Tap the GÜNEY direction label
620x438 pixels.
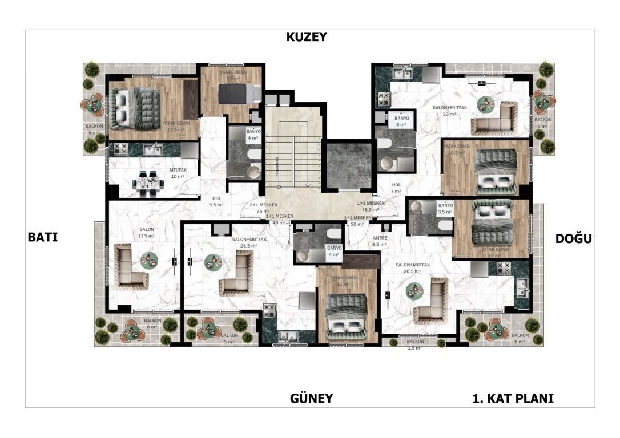click(x=311, y=398)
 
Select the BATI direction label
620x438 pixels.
click(x=43, y=237)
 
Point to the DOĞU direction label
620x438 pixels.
click(x=573, y=239)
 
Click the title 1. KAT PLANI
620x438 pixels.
click(x=513, y=398)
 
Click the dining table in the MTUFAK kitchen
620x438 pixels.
click(x=146, y=183)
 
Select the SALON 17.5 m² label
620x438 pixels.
click(x=147, y=232)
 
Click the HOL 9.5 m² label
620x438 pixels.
click(x=216, y=201)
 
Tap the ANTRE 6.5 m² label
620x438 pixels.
click(x=380, y=240)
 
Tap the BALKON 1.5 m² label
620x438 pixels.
click(x=414, y=344)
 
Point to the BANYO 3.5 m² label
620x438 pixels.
click(x=445, y=208)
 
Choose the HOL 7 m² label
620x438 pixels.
click(x=396, y=188)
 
